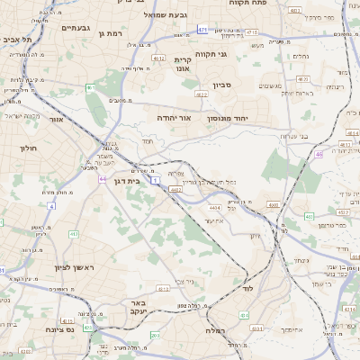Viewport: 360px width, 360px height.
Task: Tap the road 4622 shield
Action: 201,94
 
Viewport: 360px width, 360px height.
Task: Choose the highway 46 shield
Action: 319,154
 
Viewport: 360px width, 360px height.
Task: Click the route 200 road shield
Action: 155,336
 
